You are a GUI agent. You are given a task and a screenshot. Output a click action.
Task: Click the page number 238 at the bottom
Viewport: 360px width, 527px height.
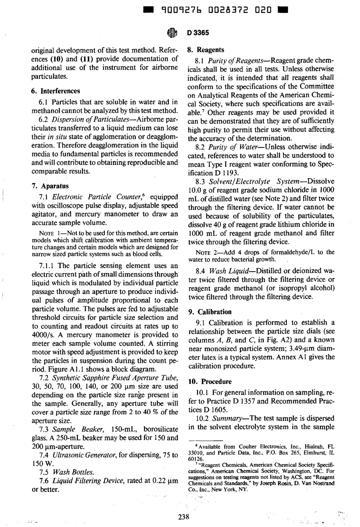pyautogui.click(x=183, y=516)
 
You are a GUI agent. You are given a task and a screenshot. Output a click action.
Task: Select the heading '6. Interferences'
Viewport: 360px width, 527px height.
pyautogui.click(x=55, y=91)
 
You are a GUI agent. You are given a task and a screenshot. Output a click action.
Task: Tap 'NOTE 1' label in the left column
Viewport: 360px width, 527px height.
pyautogui.click(x=50, y=232)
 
